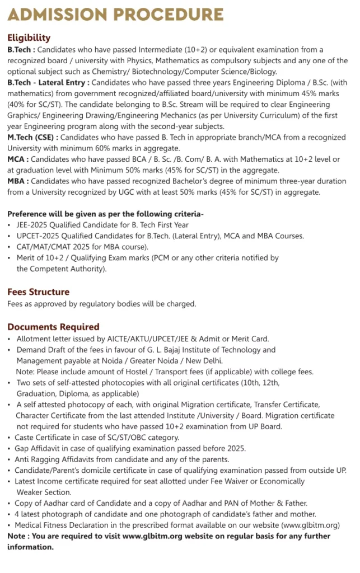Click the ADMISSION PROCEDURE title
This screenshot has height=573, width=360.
[x=115, y=14]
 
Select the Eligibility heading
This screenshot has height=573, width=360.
[x=29, y=38]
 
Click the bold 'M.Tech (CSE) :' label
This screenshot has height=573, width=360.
[x=32, y=137]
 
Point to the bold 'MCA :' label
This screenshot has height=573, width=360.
[x=18, y=159]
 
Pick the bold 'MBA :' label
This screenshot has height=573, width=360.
[x=18, y=181]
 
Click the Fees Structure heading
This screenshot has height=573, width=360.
[x=38, y=292]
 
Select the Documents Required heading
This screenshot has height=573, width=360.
[x=53, y=326]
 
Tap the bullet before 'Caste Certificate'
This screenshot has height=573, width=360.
[x=10, y=438]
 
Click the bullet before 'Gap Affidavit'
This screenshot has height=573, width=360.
[x=10, y=448]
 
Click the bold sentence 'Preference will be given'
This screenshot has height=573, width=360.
[x=56, y=214]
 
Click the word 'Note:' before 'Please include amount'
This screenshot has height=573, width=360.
[x=26, y=372]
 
